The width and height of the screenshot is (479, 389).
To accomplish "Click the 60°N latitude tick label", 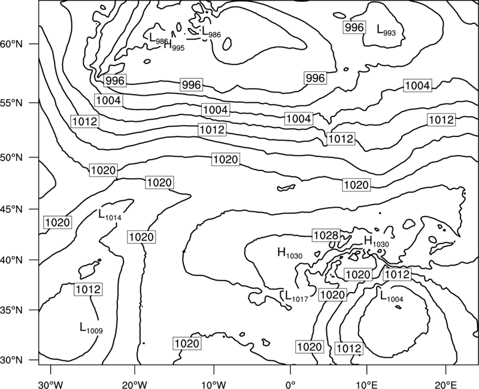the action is coord(11,44).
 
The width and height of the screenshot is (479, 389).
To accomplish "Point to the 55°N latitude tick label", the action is coord(11,103).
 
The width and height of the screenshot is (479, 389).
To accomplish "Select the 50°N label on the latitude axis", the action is coord(11,157).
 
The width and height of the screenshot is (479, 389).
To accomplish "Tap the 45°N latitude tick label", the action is coord(11,209).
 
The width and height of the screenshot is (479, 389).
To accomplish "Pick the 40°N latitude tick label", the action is coord(11,260).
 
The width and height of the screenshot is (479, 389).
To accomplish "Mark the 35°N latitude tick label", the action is coord(11,310).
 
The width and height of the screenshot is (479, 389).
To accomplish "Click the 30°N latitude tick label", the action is coord(11,360).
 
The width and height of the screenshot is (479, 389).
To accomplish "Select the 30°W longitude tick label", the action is coord(51,384).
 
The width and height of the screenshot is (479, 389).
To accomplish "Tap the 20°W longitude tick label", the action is coord(135,384).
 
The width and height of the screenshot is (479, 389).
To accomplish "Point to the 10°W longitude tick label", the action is coord(214,384).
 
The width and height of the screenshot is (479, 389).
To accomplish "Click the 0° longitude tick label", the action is coord(290,384).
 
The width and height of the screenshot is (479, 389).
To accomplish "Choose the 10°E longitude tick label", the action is coord(366,384).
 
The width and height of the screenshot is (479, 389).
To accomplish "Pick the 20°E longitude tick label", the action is coord(446,384).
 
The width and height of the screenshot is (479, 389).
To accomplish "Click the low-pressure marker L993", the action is coord(386,30).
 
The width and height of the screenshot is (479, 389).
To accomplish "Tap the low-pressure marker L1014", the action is coord(110,215).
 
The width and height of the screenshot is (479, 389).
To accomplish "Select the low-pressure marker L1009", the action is coord(91,327).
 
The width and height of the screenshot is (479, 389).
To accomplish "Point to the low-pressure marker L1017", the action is coord(296,296).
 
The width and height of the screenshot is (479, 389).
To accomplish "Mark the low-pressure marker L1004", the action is coord(392,296).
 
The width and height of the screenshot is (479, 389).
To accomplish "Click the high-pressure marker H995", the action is coord(174,45).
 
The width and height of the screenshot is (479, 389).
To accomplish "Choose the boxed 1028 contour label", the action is coord(326,235).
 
